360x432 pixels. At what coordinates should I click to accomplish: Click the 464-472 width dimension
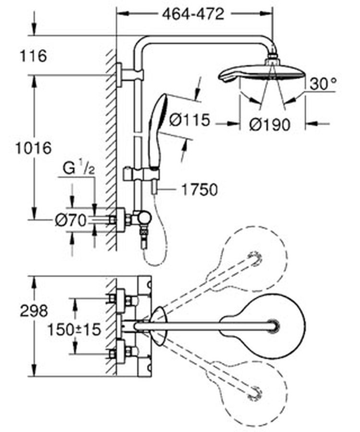(x=193, y=14)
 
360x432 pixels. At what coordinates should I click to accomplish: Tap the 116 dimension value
(x=33, y=56)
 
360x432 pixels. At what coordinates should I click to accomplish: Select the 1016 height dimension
(x=33, y=148)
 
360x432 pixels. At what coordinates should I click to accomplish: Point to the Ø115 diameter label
(x=190, y=120)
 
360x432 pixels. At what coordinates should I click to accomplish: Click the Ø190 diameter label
(x=270, y=125)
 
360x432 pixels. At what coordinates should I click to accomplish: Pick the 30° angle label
(x=323, y=84)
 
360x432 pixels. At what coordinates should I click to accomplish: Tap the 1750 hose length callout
(x=199, y=190)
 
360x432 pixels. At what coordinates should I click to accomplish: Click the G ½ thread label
(x=79, y=168)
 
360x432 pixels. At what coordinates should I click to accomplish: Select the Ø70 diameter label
(x=71, y=220)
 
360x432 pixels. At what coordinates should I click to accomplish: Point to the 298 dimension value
(x=34, y=311)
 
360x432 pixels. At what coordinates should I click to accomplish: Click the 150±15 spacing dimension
(x=74, y=329)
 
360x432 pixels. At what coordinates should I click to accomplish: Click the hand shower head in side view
(x=158, y=131)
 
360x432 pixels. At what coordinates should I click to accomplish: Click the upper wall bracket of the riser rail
(x=130, y=75)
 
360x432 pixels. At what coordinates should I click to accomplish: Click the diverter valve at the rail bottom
(x=141, y=218)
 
